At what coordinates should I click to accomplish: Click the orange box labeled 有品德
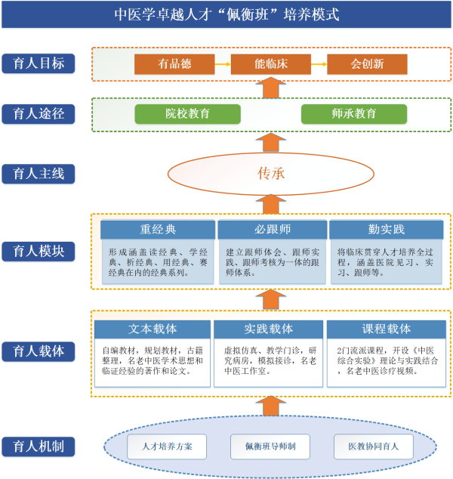[x=175, y=64]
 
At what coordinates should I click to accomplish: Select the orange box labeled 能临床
[x=270, y=64]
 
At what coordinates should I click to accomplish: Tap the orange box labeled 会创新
[x=367, y=64]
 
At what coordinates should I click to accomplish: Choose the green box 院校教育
[x=188, y=114]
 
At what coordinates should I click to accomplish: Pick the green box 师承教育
[x=353, y=114]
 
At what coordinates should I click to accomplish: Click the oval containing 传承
[x=271, y=173]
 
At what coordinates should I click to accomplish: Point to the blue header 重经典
[x=158, y=230]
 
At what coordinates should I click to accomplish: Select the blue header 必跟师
[x=271, y=230]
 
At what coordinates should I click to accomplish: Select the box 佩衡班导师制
[x=271, y=447]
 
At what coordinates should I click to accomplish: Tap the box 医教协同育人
[x=374, y=447]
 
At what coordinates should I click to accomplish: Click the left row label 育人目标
[x=39, y=63]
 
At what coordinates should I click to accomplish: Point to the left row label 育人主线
[x=39, y=174]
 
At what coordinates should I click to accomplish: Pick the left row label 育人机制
[x=39, y=446]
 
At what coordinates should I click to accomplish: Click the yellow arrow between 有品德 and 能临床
[x=223, y=64]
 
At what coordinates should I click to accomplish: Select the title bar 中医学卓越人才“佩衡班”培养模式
[x=226, y=15]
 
